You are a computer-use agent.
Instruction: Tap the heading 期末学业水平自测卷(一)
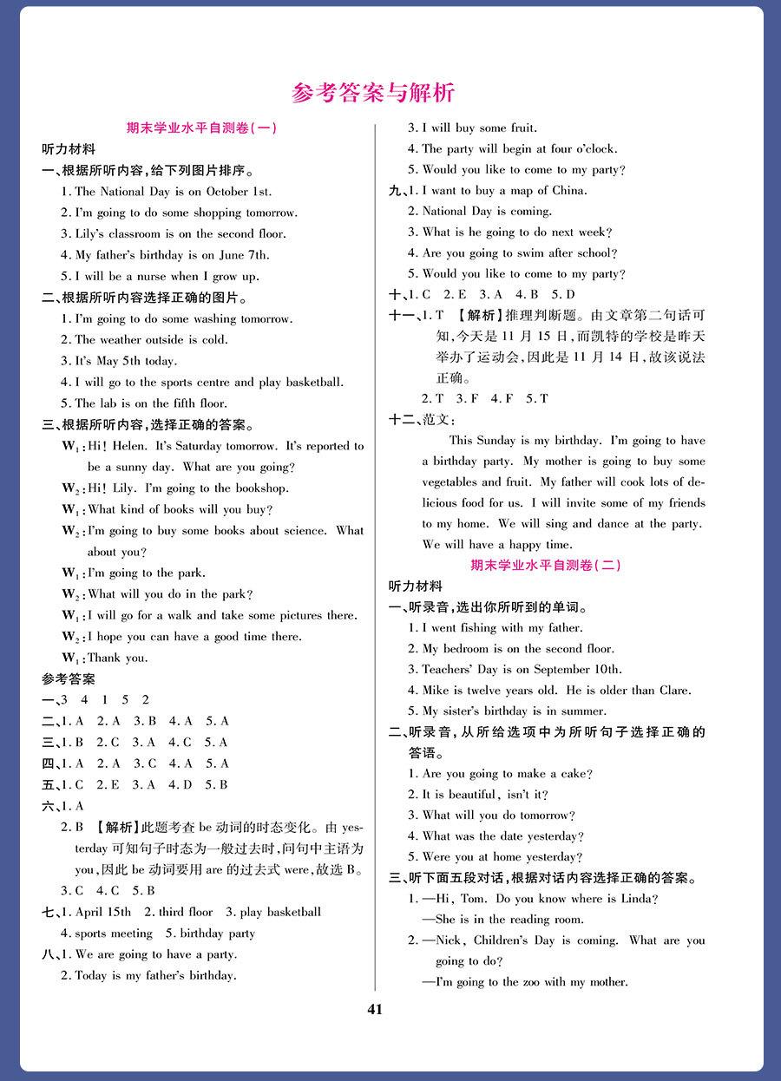[x=201, y=128]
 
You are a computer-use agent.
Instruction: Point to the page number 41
[x=375, y=1009]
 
